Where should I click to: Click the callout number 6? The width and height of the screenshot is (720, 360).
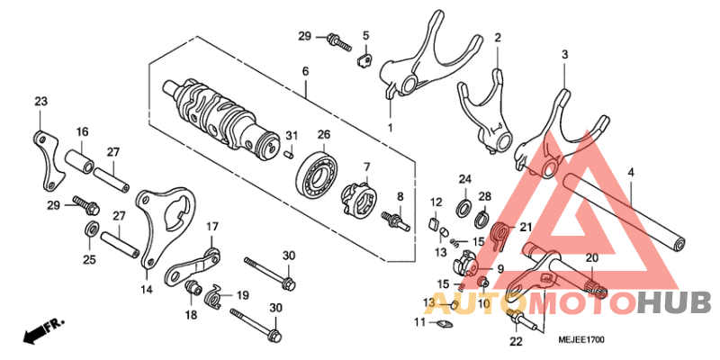[305, 71]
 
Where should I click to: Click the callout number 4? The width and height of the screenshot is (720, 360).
[630, 172]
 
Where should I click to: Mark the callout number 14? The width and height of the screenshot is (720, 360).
[146, 290]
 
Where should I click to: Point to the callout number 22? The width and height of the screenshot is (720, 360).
[515, 341]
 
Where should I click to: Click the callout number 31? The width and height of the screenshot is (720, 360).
[291, 135]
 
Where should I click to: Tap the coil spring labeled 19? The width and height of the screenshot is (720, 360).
[214, 294]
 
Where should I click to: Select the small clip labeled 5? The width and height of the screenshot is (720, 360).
[364, 61]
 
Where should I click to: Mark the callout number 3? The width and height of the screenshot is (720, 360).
[564, 55]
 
